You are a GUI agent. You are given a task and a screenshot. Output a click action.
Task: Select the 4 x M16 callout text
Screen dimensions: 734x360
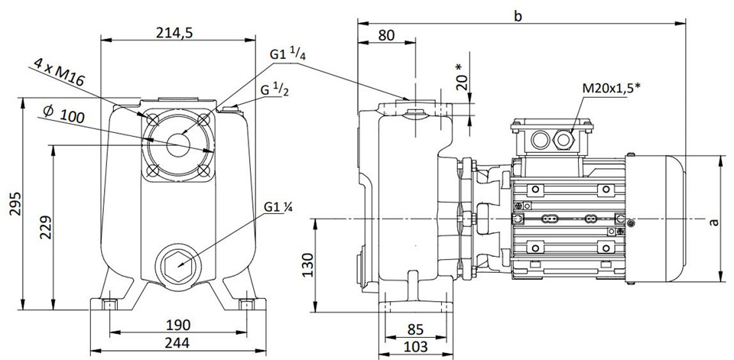coord(59,72)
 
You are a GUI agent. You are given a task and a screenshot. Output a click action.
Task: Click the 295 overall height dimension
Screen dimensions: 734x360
coord(15,203)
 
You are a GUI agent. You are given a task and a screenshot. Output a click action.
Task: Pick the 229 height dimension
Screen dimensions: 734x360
coord(45,228)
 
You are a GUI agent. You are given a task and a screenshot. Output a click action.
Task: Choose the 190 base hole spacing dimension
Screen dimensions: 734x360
coord(177,324)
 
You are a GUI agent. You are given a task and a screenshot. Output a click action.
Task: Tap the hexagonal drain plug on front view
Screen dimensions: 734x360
coord(180,264)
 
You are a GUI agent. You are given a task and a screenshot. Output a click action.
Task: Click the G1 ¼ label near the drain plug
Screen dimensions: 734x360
coord(278,206)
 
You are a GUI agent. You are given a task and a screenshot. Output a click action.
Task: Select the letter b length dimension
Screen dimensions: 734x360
coord(518,15)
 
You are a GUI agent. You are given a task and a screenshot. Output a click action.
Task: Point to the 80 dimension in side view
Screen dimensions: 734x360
coord(386,34)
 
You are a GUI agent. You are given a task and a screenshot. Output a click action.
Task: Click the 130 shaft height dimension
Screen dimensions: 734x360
coord(308,264)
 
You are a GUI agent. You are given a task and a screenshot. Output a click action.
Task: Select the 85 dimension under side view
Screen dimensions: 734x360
coord(415,329)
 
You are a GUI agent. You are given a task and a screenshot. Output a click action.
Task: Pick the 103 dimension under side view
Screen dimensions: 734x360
coord(415,346)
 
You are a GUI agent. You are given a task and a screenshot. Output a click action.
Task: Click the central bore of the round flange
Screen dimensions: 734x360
coord(177,144)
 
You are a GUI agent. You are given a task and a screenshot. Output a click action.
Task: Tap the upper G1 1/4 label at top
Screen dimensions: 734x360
coord(288,55)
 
